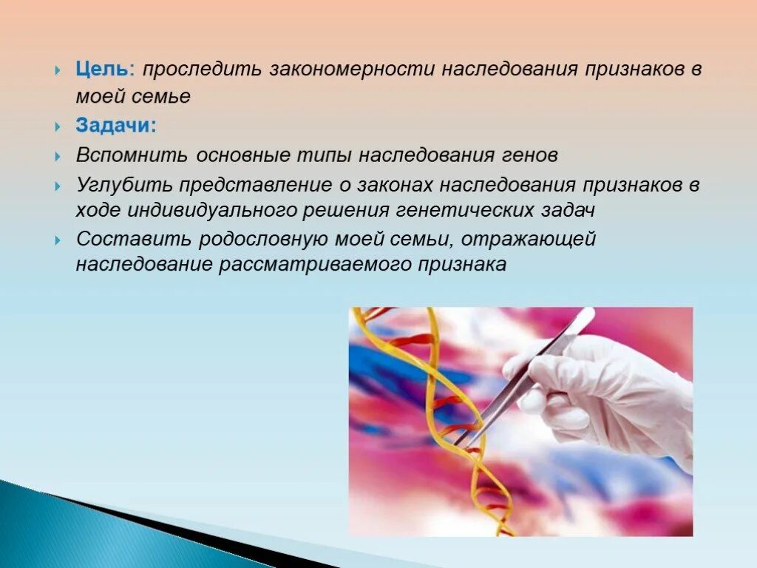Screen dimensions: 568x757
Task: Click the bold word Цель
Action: (101, 70)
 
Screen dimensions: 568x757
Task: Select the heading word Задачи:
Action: (115, 126)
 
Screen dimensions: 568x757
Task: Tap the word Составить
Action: (132, 240)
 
